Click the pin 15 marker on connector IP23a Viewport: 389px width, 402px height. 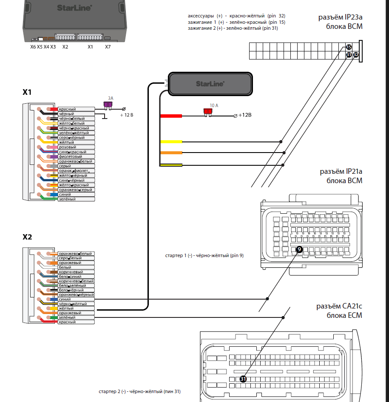[349, 47]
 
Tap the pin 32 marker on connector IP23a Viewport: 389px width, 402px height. [356, 55]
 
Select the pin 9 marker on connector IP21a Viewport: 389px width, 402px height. [299, 249]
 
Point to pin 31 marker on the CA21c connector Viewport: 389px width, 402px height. [243, 379]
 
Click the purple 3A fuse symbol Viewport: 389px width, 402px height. [108, 104]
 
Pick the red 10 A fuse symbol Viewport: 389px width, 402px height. [208, 112]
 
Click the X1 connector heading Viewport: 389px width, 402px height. [27, 92]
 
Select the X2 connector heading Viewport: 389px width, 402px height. [27, 237]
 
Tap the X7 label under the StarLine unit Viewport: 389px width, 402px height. [108, 47]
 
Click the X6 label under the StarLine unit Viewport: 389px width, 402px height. [33, 47]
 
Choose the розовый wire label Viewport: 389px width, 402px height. [67, 147]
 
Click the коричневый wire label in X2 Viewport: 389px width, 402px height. [71, 272]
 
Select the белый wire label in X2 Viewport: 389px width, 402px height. [65, 267]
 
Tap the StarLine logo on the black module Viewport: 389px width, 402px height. [210, 84]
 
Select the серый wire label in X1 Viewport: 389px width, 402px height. [65, 166]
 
